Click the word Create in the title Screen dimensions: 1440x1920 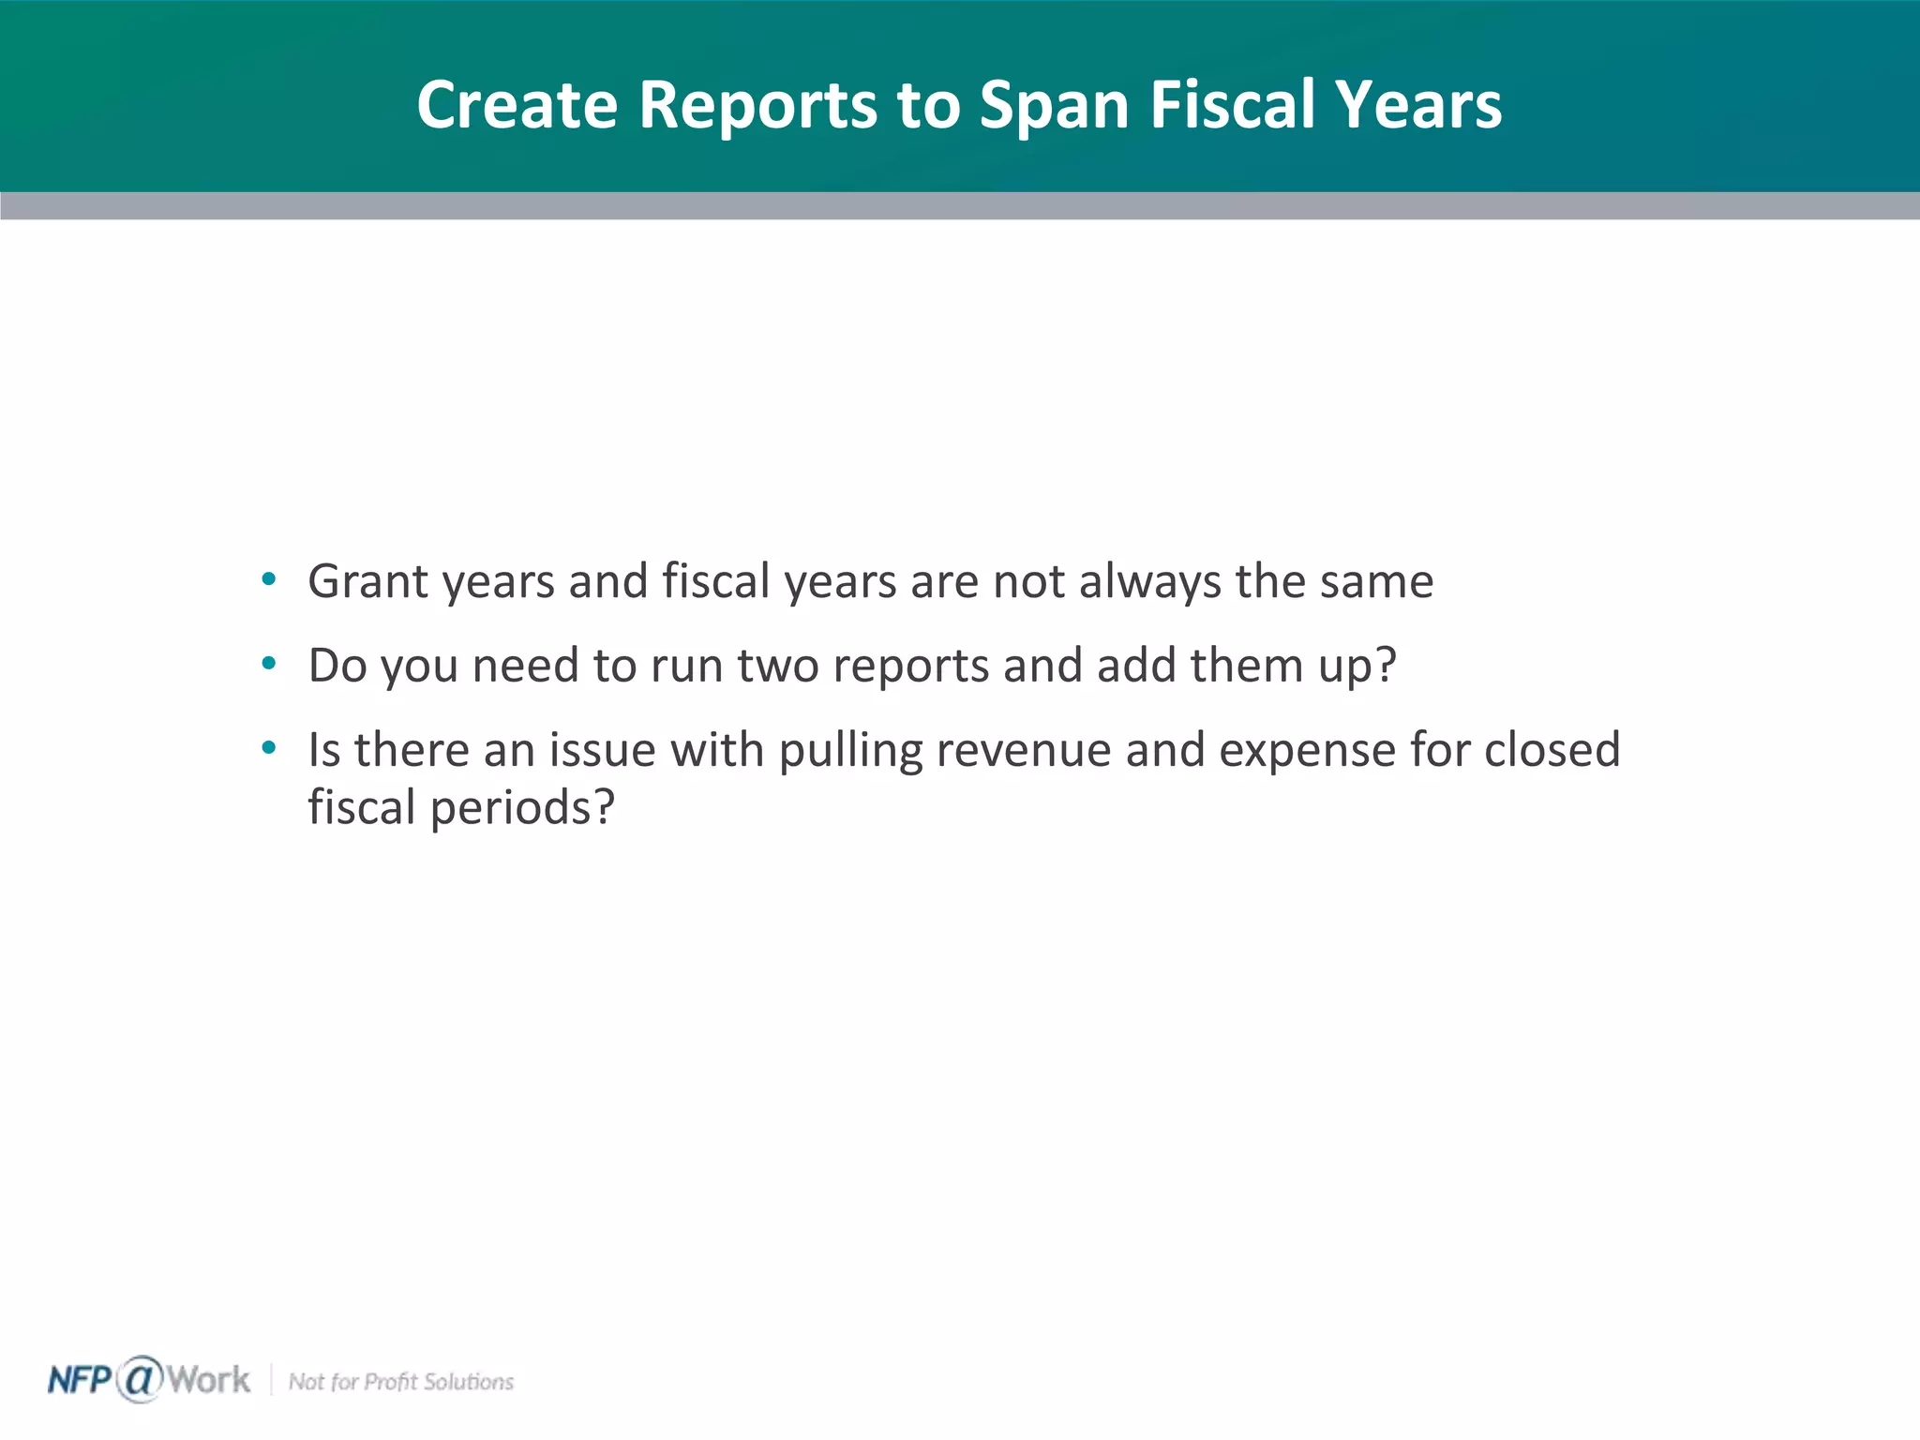pos(517,104)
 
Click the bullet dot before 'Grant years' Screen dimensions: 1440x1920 pos(269,579)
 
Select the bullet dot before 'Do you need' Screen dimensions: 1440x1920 pos(269,664)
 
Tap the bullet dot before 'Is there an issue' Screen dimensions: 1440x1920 pos(269,748)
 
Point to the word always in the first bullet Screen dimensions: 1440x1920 pos(1150,581)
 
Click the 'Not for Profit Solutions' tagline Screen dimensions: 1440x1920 pos(401,1382)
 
